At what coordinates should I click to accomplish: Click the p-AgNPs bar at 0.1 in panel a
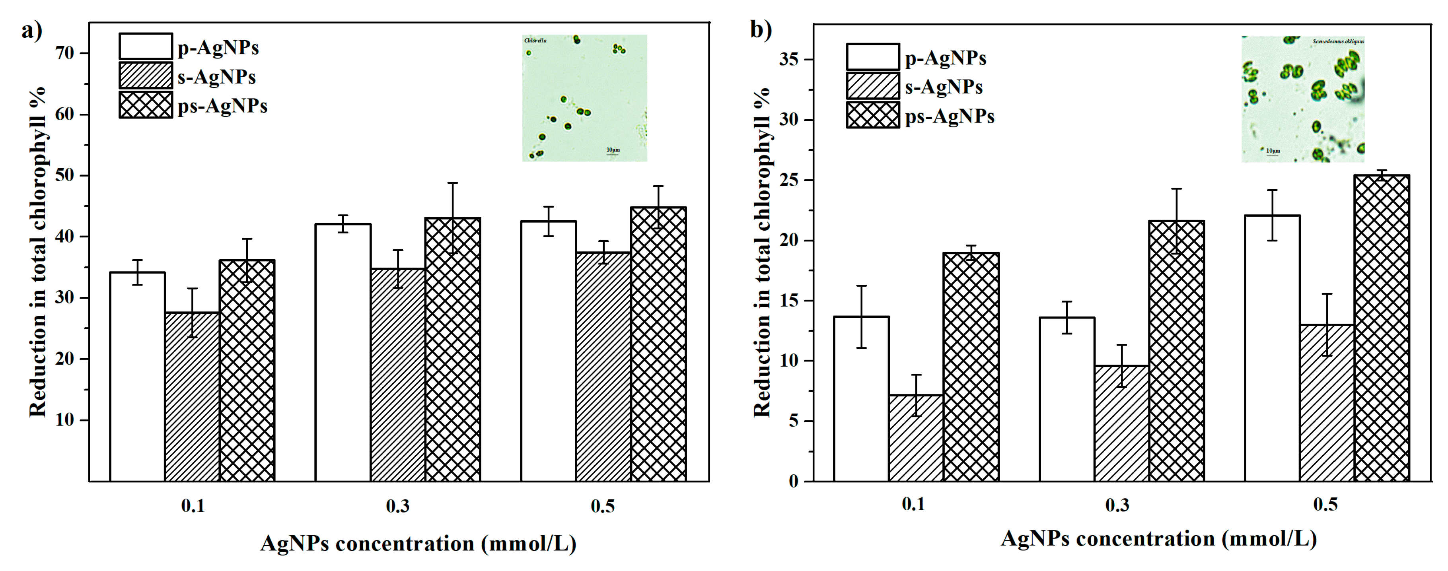coord(137,377)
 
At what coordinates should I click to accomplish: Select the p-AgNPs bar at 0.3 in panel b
coord(1067,399)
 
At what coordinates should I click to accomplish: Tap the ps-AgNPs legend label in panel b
coord(950,117)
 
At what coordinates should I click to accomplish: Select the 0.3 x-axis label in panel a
coord(397,506)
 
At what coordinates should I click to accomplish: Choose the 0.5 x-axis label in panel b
coord(1325,504)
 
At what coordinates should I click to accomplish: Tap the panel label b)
coord(761,29)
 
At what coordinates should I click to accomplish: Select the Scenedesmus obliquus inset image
coord(1302,99)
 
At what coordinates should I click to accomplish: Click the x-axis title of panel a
coord(418,544)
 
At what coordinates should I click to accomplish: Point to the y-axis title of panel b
coord(762,253)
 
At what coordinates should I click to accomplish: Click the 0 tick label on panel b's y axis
coord(793,482)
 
